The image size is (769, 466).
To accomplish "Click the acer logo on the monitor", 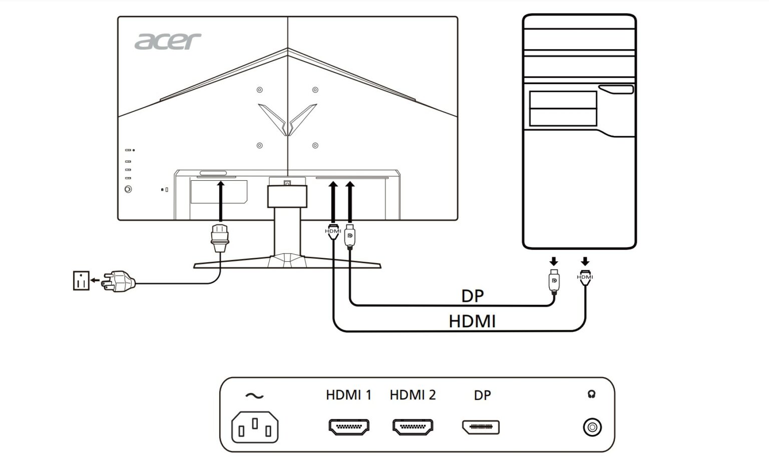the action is pos(168,41).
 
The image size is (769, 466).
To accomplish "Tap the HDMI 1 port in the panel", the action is pos(349,427).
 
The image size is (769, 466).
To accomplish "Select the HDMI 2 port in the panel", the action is pos(413,427).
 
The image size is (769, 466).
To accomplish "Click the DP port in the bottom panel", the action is pos(481,427).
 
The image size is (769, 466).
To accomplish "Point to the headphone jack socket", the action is pos(592,427).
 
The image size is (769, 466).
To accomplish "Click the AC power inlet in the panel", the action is pos(255,427).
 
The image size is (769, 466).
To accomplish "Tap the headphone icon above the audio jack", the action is pos(591,394).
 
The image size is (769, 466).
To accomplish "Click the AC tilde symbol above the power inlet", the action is pos(254,396).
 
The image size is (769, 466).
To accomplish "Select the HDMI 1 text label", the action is pos(349,395).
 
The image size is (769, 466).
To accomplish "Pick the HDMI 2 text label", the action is pos(413,395).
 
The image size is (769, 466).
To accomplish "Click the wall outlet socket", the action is pos(82,281).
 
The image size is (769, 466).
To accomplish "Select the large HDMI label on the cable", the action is pos(473,322).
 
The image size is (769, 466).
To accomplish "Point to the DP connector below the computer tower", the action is pos(554,281).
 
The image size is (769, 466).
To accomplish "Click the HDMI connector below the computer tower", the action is pos(585,277).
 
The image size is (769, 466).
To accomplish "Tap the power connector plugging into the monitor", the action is pos(220,238).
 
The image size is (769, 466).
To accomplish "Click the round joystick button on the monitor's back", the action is pos(128,189).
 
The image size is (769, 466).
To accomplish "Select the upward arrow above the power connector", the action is pos(221,201).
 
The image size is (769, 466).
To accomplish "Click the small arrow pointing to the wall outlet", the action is pos(95,280).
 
